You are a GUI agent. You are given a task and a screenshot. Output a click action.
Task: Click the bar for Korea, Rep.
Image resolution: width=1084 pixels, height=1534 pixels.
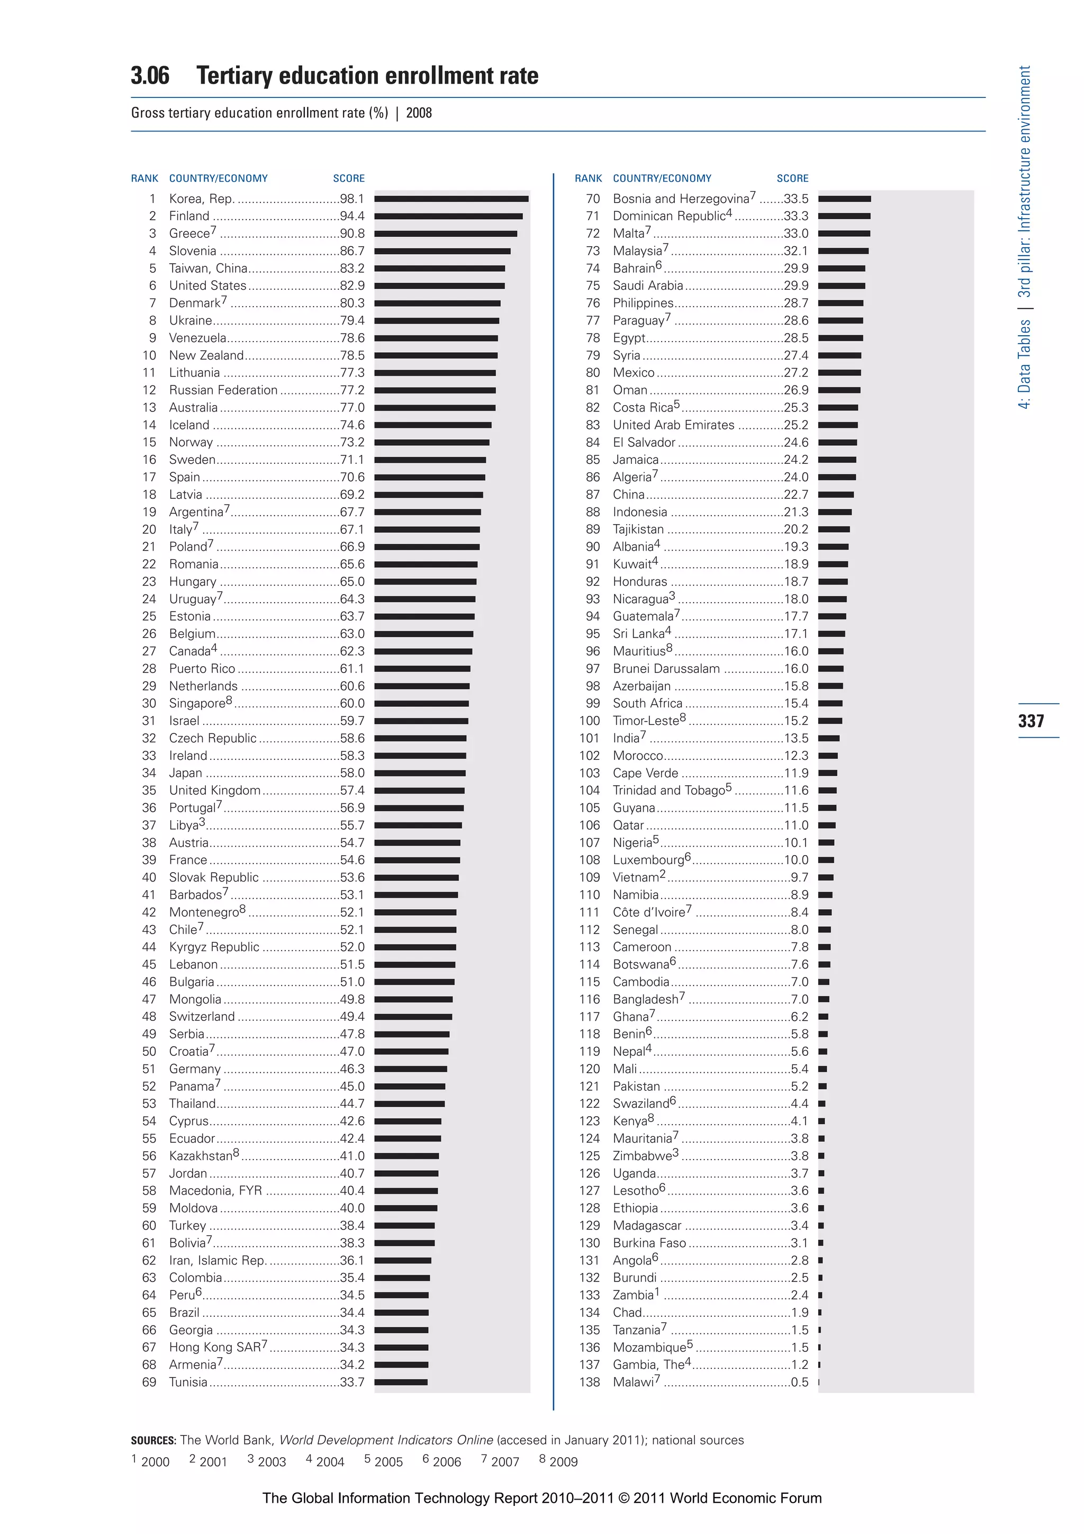[x=451, y=199]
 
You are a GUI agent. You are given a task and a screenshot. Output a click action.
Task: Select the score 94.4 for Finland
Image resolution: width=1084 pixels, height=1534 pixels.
[x=352, y=216]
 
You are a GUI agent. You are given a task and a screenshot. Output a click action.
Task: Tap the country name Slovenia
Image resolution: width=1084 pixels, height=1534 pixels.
[x=192, y=250]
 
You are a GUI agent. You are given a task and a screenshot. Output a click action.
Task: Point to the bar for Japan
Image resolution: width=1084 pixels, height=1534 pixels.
[x=419, y=773]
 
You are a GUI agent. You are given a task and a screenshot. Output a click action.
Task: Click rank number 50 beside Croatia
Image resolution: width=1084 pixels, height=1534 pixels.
[x=149, y=1051]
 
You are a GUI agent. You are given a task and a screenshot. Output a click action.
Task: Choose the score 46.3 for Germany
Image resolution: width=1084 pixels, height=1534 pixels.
[x=352, y=1069]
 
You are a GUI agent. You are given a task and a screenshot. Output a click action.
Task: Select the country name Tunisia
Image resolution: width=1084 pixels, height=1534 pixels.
[x=188, y=1382]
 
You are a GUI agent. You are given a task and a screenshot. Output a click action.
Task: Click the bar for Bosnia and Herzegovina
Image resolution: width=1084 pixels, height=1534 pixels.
[x=844, y=199]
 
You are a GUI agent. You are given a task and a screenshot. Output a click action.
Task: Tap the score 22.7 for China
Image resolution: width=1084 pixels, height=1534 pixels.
[x=796, y=495]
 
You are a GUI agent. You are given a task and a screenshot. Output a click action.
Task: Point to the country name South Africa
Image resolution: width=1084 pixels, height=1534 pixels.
[x=647, y=703]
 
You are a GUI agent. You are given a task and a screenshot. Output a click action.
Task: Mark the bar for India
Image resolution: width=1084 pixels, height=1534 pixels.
[x=828, y=738]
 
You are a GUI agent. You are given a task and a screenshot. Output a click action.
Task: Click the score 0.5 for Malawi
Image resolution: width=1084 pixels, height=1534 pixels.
[x=799, y=1382]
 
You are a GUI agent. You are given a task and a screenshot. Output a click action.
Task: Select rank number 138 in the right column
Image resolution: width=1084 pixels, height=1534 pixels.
[x=590, y=1382]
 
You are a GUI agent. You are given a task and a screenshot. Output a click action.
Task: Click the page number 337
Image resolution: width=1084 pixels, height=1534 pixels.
[x=1031, y=720]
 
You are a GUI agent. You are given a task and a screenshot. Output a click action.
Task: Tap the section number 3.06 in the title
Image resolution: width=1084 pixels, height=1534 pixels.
[x=150, y=76]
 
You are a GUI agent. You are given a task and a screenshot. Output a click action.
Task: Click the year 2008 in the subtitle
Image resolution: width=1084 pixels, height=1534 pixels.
[x=419, y=113]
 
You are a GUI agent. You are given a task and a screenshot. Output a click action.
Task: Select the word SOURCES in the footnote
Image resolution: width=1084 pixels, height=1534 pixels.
[x=153, y=1440]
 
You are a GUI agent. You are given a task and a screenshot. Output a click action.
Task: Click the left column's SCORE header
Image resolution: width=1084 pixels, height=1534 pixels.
[x=349, y=178]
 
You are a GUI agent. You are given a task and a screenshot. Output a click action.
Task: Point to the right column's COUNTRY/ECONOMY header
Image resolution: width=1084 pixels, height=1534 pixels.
[x=662, y=178]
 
